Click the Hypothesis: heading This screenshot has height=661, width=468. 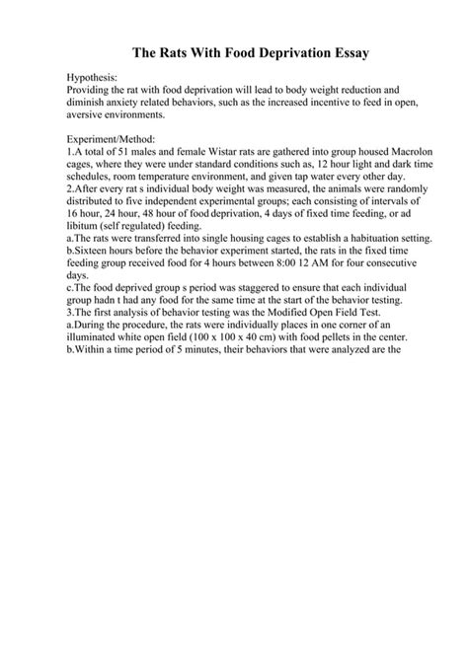pyautogui.click(x=92, y=75)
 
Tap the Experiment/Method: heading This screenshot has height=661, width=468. pyautogui.click(x=110, y=139)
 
